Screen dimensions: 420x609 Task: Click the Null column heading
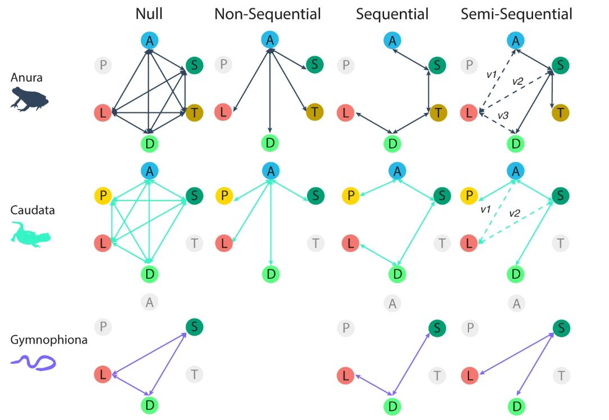point(149,14)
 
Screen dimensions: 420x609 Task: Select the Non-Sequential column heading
point(268,14)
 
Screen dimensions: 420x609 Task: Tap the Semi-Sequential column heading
point(516,14)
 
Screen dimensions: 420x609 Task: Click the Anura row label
point(26,78)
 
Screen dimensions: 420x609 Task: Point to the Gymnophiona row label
point(49,340)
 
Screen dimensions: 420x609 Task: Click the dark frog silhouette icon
point(30,100)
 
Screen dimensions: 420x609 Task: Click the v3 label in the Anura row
point(503,115)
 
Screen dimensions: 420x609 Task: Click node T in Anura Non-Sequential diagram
point(314,112)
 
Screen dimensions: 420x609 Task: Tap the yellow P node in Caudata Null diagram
point(103,196)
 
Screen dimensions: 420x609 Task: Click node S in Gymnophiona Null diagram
point(195,327)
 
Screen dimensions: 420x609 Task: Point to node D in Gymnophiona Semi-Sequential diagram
point(516,405)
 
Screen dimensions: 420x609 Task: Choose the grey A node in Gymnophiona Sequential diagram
point(392,302)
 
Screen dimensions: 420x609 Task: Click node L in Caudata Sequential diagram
point(350,243)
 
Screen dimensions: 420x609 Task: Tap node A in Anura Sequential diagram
point(392,40)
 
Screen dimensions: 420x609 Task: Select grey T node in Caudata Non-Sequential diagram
point(316,243)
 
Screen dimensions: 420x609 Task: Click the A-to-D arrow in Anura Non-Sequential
point(270,90)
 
